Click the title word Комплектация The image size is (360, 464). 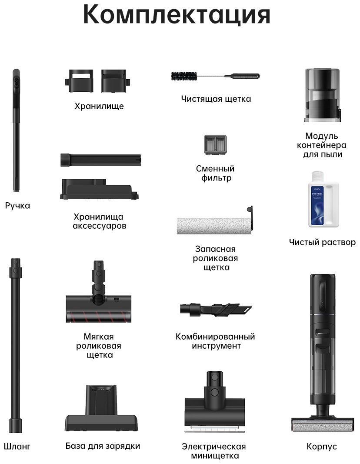tap(177, 14)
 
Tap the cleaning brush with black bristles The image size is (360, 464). tap(215, 77)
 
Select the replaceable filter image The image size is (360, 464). tap(215, 145)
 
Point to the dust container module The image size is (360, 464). tap(323, 95)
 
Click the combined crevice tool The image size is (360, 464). tap(216, 310)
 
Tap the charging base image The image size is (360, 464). tap(101, 408)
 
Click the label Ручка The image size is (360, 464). tap(17, 205)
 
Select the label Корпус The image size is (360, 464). tap(322, 446)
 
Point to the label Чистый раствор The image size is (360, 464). tap(323, 242)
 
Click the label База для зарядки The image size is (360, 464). tap(103, 446)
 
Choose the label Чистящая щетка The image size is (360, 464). tap(216, 99)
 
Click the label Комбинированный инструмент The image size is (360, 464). tap(215, 341)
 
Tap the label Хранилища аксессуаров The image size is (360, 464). tap(100, 221)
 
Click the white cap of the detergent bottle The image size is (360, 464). tap(317, 176)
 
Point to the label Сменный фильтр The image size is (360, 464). tap(215, 173)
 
